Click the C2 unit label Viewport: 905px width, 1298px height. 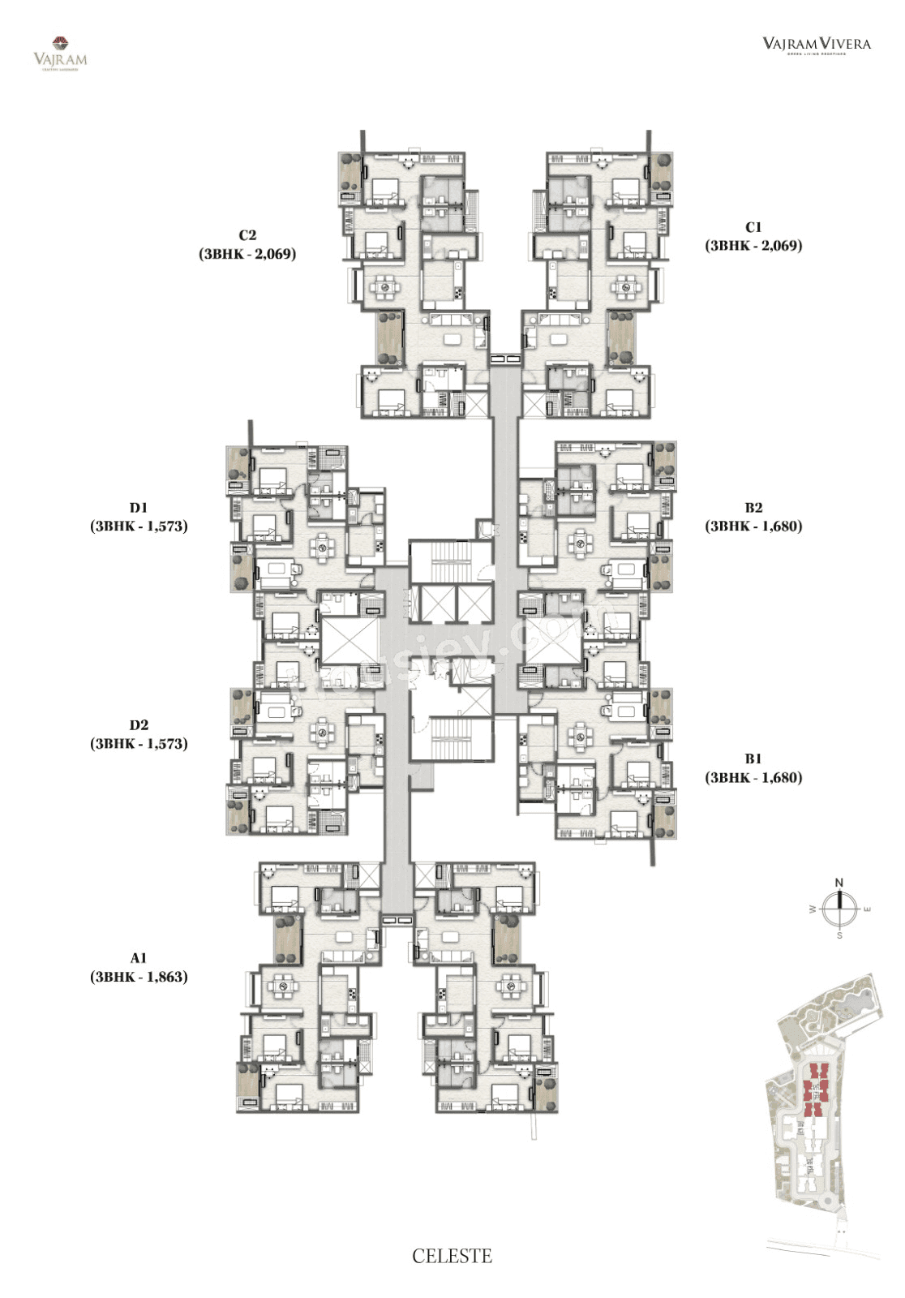coord(247,235)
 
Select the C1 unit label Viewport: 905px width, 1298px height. coord(753,227)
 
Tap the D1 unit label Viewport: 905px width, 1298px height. coord(139,508)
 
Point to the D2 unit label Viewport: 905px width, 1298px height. coord(139,725)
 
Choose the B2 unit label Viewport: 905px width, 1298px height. coord(753,508)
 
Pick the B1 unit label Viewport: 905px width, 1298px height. coord(753,759)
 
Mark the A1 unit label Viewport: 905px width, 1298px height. coord(139,958)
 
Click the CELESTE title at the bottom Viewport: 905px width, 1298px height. coord(452,1257)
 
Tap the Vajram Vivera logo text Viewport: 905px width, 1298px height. coord(817,44)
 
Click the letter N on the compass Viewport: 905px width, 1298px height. coord(839,883)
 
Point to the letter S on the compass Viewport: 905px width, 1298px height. coord(839,935)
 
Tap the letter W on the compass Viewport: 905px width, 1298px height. coord(812,910)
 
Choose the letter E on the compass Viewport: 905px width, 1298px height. coord(867,909)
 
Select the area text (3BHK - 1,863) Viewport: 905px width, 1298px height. coord(139,977)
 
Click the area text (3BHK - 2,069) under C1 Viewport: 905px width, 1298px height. coord(753,245)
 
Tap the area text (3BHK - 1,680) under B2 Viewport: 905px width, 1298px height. coord(753,526)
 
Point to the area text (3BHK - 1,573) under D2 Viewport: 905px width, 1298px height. coord(139,743)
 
